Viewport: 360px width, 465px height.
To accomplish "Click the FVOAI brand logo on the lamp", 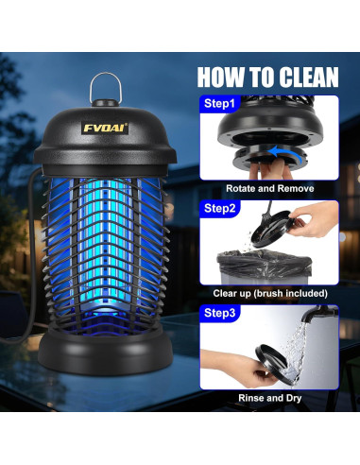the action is (x=105, y=128).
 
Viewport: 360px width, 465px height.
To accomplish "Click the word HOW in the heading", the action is (x=220, y=77).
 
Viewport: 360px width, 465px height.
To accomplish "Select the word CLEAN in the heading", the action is (x=309, y=77).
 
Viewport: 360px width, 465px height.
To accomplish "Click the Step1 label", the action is (x=219, y=103).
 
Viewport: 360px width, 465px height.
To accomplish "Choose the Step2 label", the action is (x=219, y=208).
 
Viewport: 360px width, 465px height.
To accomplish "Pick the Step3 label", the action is (x=219, y=313).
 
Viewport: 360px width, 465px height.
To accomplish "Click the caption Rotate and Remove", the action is (x=270, y=188).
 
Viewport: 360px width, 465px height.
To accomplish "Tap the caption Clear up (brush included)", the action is (x=270, y=293).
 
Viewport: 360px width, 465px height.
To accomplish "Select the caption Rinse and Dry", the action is (x=270, y=398).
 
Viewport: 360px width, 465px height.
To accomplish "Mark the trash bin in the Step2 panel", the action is (x=264, y=267).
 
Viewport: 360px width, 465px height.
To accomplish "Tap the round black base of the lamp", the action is (x=106, y=353).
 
